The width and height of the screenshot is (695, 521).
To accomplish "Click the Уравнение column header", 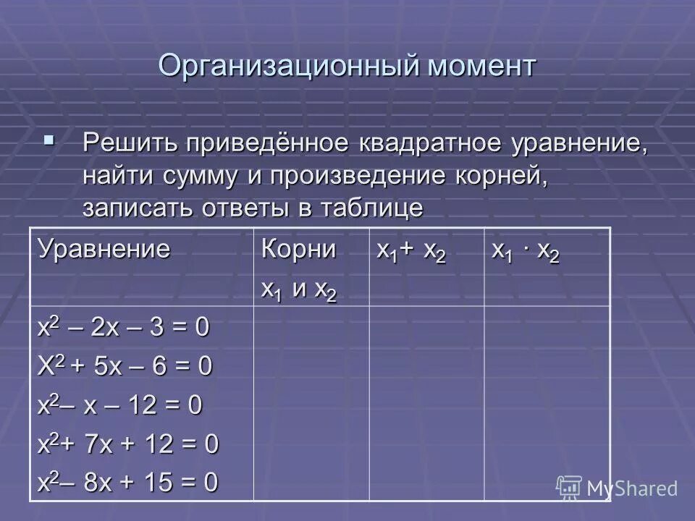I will click(105, 250).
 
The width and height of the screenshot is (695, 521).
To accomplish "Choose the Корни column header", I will click(298, 250).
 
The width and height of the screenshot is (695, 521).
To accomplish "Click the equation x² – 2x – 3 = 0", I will click(124, 327).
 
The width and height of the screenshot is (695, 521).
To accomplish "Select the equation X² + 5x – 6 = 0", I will click(125, 366).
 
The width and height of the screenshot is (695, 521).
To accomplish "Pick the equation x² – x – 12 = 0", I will click(120, 405).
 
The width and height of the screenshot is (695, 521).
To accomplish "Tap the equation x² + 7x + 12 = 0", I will click(128, 444).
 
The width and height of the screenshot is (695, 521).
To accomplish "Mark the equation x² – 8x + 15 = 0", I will click(128, 482).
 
